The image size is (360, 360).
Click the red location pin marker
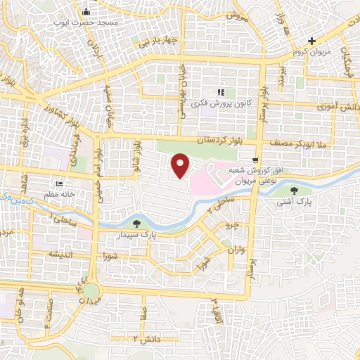click(x=181, y=165)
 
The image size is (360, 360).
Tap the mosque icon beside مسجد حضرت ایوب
click(x=86, y=12)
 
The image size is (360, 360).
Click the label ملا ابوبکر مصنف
click(x=327, y=143)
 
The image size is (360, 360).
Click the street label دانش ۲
click(x=147, y=340)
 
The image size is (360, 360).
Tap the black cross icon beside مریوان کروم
click(x=311, y=42)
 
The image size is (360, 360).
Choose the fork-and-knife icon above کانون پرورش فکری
click(x=220, y=92)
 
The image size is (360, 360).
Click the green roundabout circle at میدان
click(x=91, y=289)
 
